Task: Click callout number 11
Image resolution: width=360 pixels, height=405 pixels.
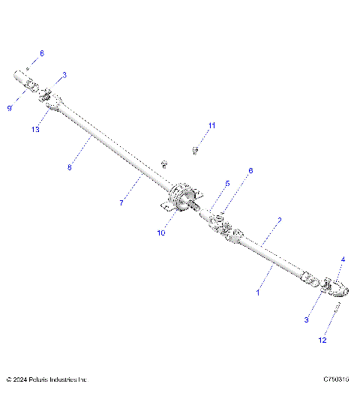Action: (x=211, y=125)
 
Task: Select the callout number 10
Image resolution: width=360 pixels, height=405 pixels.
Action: (x=161, y=233)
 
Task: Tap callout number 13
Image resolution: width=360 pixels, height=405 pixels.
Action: (x=34, y=130)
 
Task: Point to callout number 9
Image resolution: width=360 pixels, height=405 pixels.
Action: (x=10, y=108)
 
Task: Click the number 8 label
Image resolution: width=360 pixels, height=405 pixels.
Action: (x=69, y=167)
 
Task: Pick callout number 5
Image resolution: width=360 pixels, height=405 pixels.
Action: (x=227, y=184)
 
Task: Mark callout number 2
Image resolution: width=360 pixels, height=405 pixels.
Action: (x=280, y=220)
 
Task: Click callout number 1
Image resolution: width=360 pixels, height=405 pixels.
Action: (x=258, y=293)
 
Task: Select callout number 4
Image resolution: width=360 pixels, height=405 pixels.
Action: (x=343, y=260)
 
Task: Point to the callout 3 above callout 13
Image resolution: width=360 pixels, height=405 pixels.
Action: (x=64, y=75)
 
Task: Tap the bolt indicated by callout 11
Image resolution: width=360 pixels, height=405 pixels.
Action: (x=195, y=151)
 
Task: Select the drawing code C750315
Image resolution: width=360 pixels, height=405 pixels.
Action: (x=337, y=380)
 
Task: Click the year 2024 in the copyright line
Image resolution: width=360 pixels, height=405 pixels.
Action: (x=19, y=380)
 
